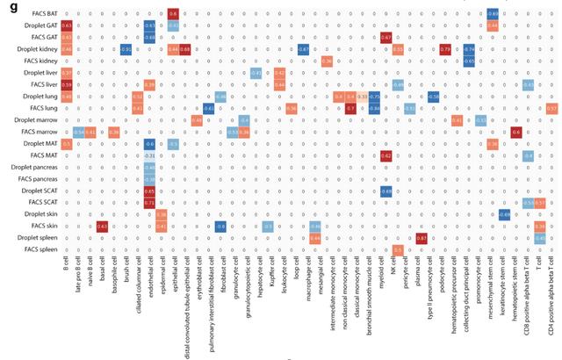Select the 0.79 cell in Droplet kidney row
pyautogui.click(x=445, y=49)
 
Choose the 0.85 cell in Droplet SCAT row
pyautogui.click(x=149, y=191)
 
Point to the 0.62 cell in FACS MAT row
pyautogui.click(x=386, y=155)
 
